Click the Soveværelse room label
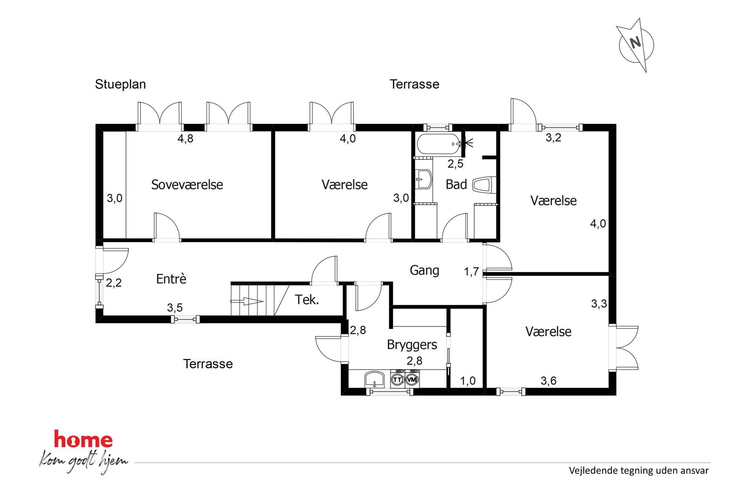(187, 185)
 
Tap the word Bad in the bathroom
(456, 184)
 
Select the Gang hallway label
(424, 270)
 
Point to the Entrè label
(171, 279)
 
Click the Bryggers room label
(412, 345)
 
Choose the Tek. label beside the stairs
(307, 300)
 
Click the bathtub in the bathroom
(439, 144)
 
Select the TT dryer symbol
(397, 379)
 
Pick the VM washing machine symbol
(412, 379)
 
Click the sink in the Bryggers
(374, 379)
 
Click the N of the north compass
(635, 42)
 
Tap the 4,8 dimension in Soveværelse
(185, 139)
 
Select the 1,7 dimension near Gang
(471, 272)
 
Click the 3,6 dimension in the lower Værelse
(548, 381)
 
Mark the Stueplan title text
(120, 84)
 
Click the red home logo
(83, 440)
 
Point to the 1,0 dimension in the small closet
(467, 381)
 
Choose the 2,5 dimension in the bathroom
(455, 164)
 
